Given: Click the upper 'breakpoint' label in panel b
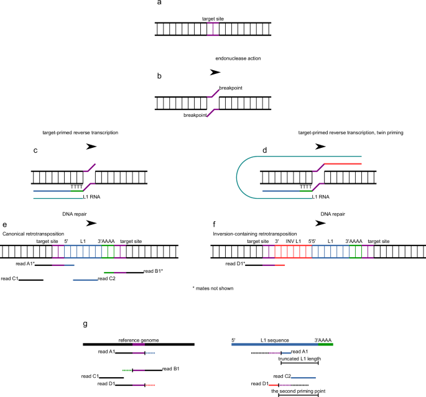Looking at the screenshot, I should (x=231, y=88).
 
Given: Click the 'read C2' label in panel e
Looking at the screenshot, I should (x=108, y=278).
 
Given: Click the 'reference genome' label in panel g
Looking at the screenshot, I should (x=139, y=340).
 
